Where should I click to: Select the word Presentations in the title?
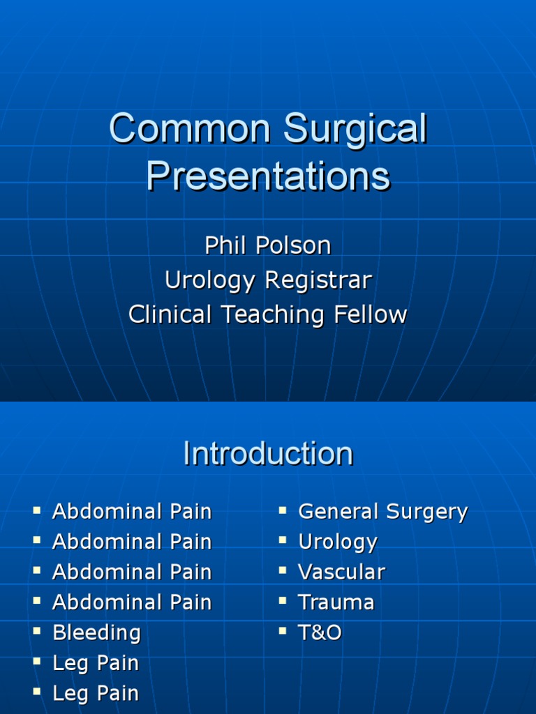(268, 176)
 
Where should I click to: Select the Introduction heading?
(268, 454)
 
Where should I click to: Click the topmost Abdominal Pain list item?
(132, 512)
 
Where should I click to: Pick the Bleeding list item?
(96, 633)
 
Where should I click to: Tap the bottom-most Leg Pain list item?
(96, 694)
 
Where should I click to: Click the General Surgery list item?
(382, 512)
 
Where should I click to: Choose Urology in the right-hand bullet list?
(338, 542)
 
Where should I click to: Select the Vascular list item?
(341, 572)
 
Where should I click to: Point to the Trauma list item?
(336, 602)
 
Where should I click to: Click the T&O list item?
(320, 633)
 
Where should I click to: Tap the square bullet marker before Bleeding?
(37, 632)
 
